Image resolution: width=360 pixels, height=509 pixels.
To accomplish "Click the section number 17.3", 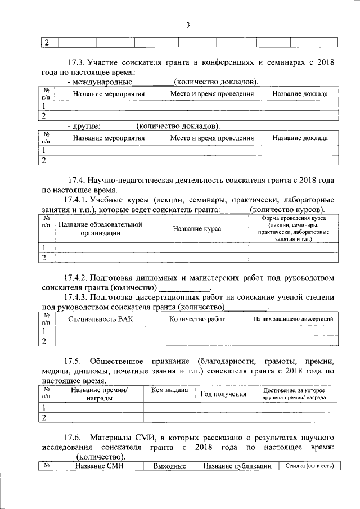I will (x=76, y=62).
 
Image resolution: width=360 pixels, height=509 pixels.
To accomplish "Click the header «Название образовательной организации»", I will (x=100, y=229).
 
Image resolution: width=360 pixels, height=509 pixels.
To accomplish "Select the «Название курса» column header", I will (x=197, y=229).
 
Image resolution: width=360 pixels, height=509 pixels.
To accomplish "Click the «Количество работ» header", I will (x=197, y=319).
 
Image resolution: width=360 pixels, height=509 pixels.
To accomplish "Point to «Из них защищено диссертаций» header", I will (x=294, y=319).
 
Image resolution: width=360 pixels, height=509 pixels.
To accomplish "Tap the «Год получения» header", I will (x=223, y=394).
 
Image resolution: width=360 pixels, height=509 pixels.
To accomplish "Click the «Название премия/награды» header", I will (x=99, y=394).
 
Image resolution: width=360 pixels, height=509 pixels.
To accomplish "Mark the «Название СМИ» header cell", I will (x=99, y=466).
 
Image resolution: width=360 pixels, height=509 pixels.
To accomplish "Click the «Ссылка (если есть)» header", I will (x=309, y=466).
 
